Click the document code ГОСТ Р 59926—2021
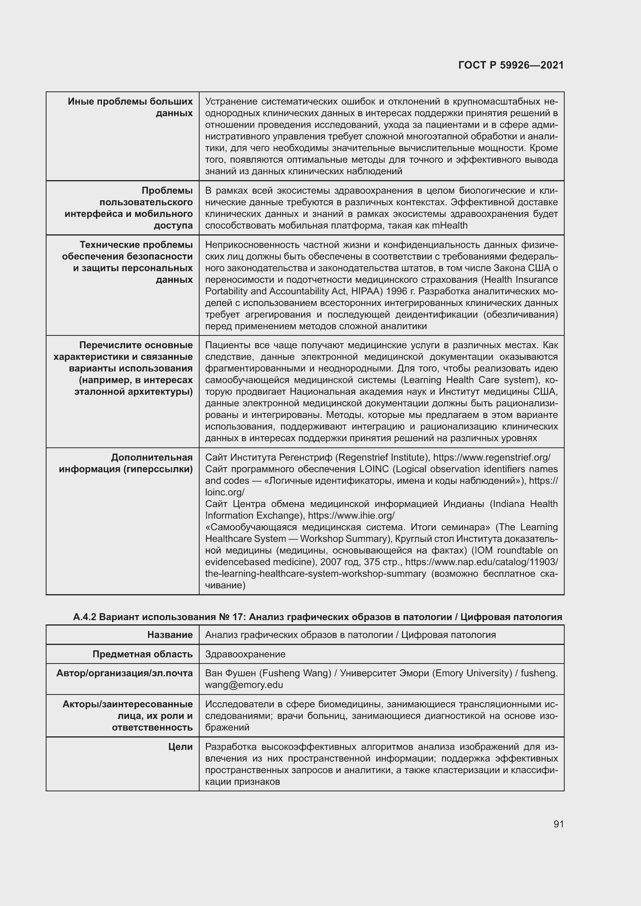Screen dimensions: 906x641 click(x=511, y=65)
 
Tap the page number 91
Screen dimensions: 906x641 click(x=558, y=824)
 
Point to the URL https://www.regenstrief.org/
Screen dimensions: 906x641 click(x=491, y=457)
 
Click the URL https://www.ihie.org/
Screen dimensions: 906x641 click(x=351, y=515)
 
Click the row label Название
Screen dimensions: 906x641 click(x=170, y=634)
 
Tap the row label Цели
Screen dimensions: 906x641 click(x=180, y=746)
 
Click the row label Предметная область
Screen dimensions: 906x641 click(x=143, y=654)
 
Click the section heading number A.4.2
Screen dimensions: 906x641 click(x=84, y=617)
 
